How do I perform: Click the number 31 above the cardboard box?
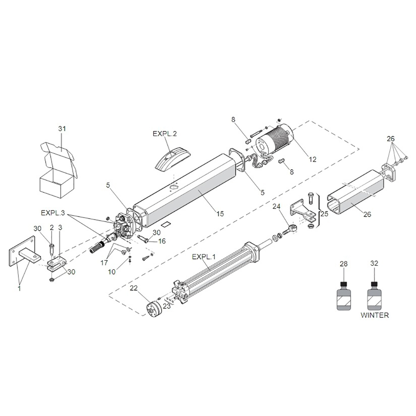coord(62,129)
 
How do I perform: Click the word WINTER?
coord(374,315)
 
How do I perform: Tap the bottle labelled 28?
coord(344,296)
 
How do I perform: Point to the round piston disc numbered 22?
coord(153,310)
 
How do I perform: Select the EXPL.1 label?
coord(204,257)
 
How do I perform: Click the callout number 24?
coord(277,207)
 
